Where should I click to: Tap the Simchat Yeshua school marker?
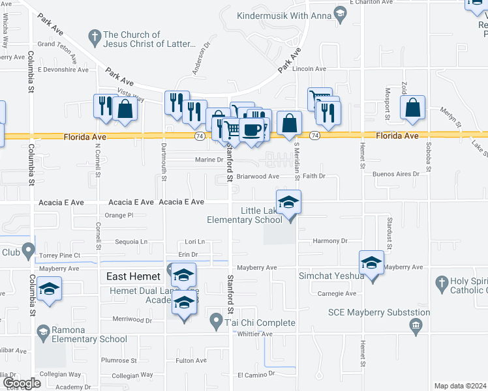pos(371,263)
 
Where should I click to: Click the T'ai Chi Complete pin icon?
pos(217,320)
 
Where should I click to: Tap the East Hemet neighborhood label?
pos(134,276)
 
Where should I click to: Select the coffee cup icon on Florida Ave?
pos(252,130)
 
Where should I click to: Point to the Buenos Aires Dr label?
pos(395,175)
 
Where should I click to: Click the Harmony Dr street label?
pos(330,240)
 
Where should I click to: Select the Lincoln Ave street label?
pos(309,68)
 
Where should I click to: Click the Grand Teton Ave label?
pos(63,44)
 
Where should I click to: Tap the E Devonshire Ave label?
pos(63,68)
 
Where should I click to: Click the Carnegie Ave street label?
pos(341,294)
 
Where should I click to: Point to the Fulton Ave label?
pos(191,360)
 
